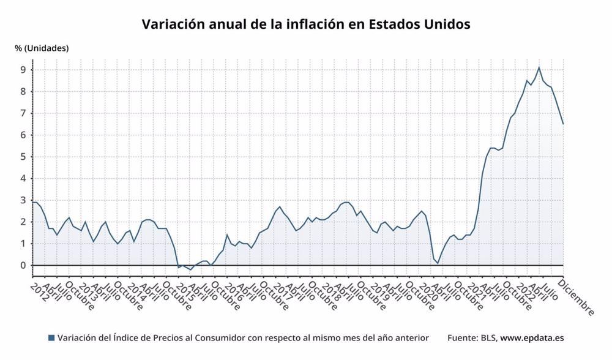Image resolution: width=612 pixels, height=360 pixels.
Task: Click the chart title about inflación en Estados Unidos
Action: (306, 24)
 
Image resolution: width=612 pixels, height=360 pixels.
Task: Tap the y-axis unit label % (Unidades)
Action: (42, 48)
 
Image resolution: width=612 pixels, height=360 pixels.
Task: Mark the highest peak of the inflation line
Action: (539, 67)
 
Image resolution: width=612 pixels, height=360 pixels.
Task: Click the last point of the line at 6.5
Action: (563, 124)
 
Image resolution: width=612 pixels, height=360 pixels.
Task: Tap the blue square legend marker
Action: (51, 338)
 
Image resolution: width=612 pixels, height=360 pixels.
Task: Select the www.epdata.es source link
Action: (532, 338)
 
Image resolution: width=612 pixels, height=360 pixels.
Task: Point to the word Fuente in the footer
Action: (462, 338)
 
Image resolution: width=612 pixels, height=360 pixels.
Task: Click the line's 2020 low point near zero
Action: (438, 263)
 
